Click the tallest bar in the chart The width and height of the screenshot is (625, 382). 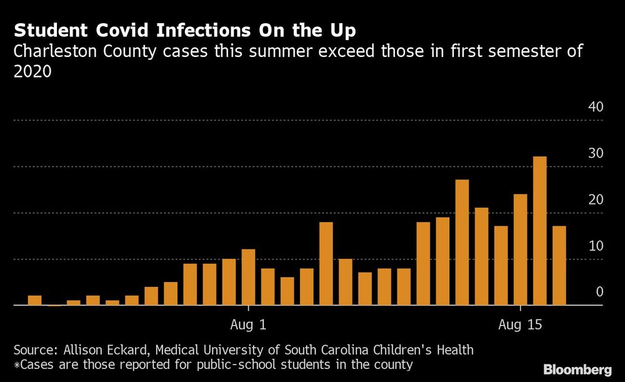(x=539, y=231)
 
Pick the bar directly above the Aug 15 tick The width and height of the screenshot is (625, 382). (x=520, y=249)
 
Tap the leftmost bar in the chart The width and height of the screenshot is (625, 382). (x=34, y=300)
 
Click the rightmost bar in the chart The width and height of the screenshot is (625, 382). (x=559, y=266)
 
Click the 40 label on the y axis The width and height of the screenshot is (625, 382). (x=596, y=107)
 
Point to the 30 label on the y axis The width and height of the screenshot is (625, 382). (x=596, y=154)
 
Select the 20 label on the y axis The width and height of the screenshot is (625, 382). (x=596, y=200)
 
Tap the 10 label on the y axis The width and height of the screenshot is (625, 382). (x=596, y=246)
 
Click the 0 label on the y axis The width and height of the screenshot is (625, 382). (x=599, y=292)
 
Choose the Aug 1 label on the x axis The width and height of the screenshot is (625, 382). (x=248, y=325)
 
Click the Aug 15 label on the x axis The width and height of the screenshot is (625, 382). (x=520, y=325)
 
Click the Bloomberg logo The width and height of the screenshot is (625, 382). (x=577, y=369)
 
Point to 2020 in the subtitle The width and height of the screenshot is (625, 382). (x=32, y=72)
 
